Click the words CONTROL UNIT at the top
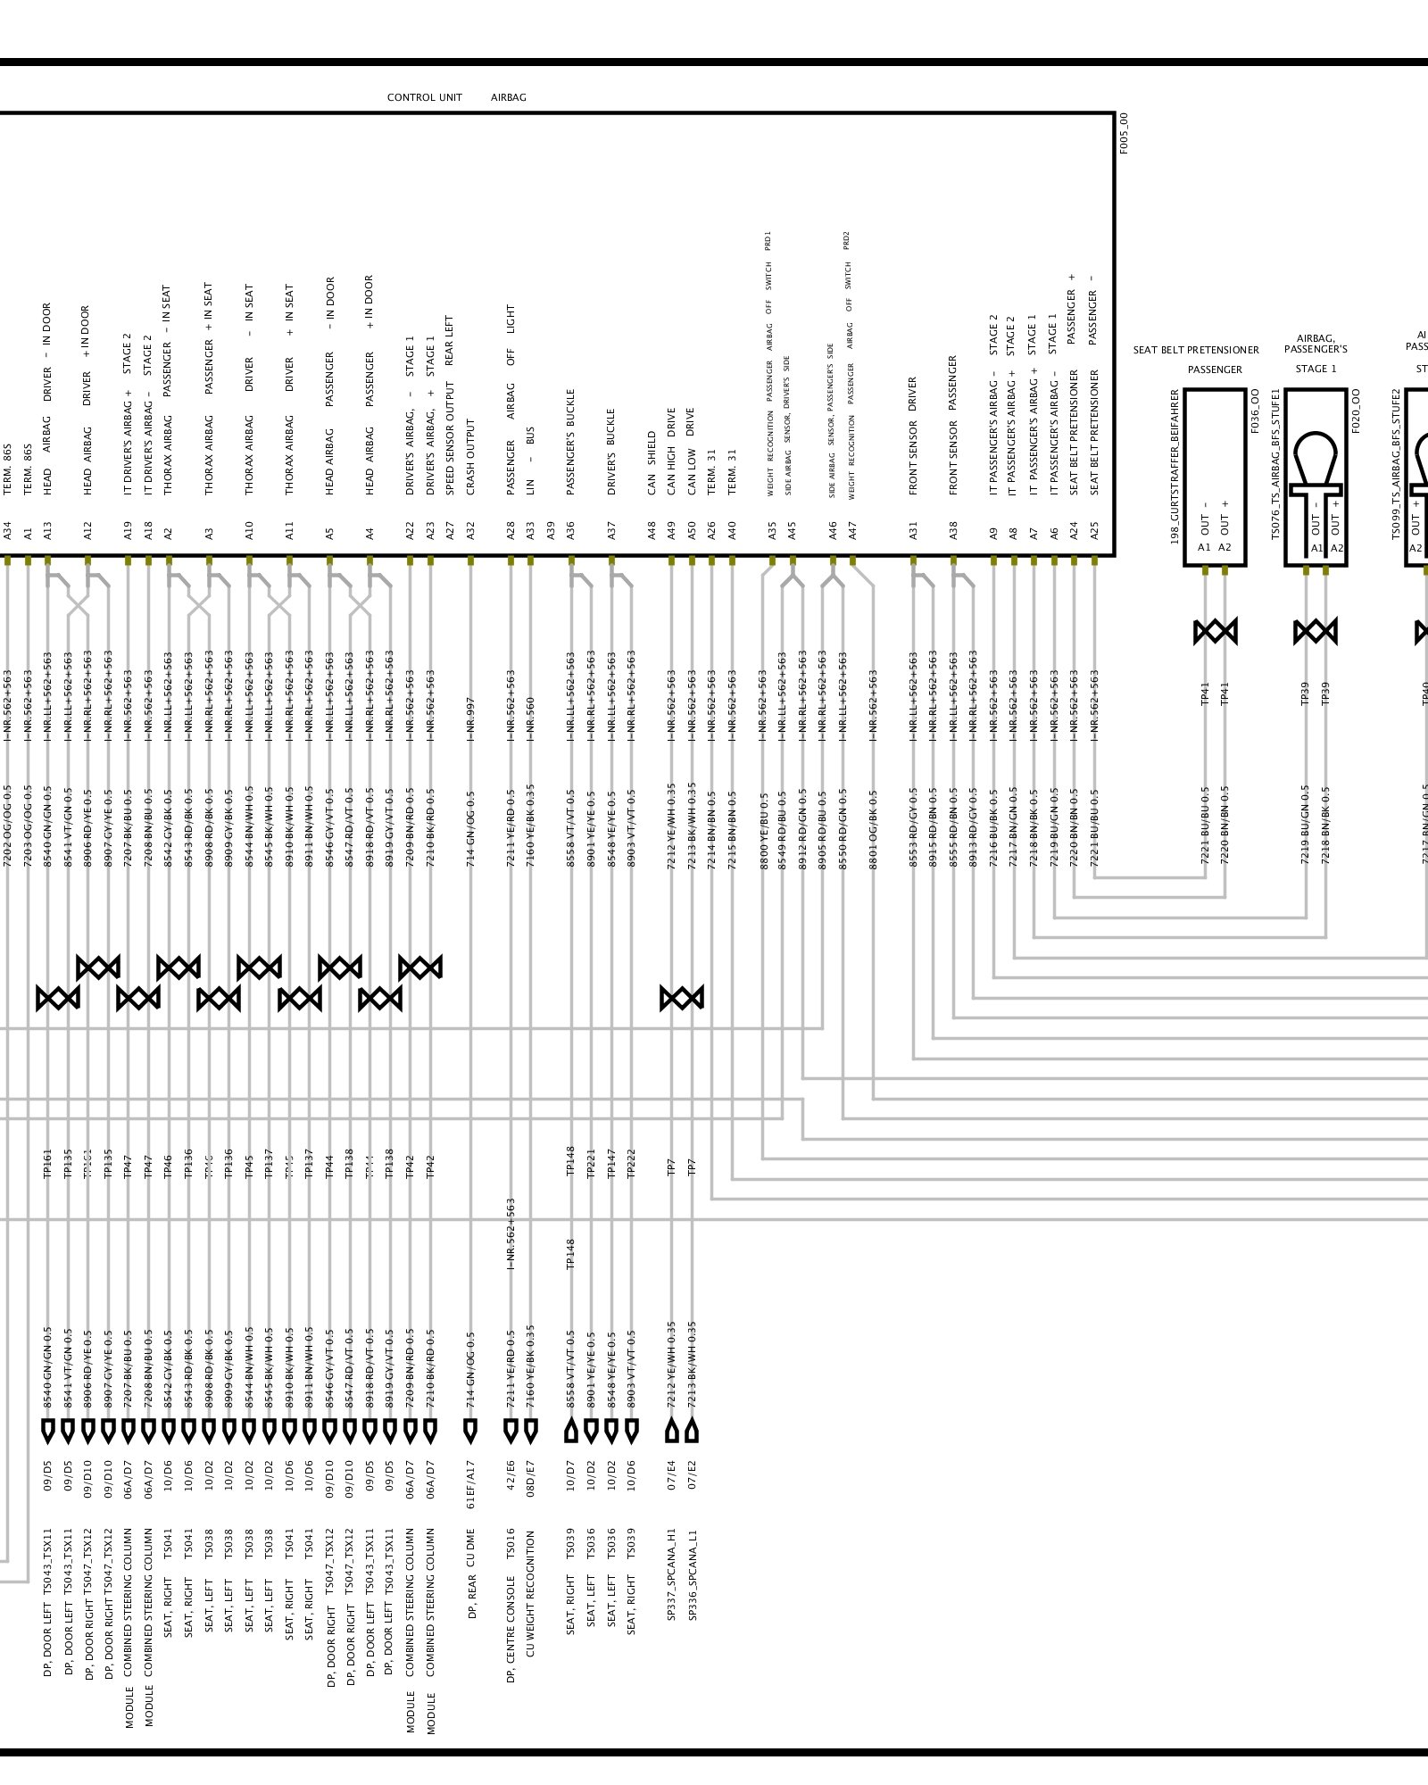[424, 97]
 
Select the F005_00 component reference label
[1124, 133]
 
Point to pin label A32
[470, 531]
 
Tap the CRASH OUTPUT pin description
[470, 457]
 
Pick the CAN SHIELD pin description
[652, 464]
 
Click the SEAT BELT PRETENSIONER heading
[1196, 350]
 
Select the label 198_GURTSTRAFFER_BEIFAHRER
[1175, 467]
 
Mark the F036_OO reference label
[1255, 411]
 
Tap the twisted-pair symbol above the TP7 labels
[682, 998]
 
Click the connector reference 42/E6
[511, 1478]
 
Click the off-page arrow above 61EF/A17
[470, 1432]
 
